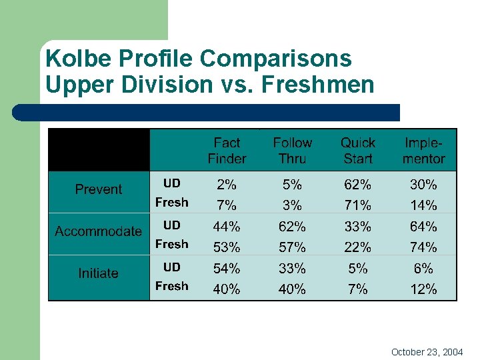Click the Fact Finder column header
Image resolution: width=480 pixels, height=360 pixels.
click(227, 151)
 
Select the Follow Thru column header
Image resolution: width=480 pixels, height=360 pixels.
click(292, 151)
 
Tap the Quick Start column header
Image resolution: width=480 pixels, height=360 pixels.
click(358, 151)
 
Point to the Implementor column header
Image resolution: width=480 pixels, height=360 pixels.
click(423, 151)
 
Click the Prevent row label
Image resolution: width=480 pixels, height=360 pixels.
click(99, 189)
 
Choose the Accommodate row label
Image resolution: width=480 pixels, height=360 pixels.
click(99, 231)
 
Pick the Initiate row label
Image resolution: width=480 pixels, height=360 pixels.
click(99, 273)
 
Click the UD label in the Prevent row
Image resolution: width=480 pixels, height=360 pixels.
click(172, 183)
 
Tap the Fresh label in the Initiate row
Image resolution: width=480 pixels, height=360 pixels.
click(172, 286)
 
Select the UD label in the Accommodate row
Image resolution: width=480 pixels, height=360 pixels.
click(172, 225)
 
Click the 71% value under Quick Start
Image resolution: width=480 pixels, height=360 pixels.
click(358, 205)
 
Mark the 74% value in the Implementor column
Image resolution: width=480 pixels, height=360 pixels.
click(423, 247)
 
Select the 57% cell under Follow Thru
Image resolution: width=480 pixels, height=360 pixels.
click(292, 247)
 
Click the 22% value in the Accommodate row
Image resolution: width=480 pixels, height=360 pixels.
click(358, 247)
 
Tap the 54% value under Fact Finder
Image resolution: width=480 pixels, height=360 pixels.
click(227, 269)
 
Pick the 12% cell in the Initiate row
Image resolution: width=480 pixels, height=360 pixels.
click(423, 289)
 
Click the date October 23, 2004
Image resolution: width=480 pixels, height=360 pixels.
click(427, 351)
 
